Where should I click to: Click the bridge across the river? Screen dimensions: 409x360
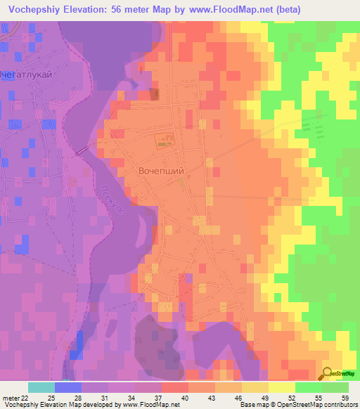(x=82, y=150)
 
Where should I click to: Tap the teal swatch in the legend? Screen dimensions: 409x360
(x=41, y=387)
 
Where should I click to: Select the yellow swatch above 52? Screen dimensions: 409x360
(x=282, y=387)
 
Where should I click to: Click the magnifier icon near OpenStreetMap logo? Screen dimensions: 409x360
(x=328, y=374)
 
